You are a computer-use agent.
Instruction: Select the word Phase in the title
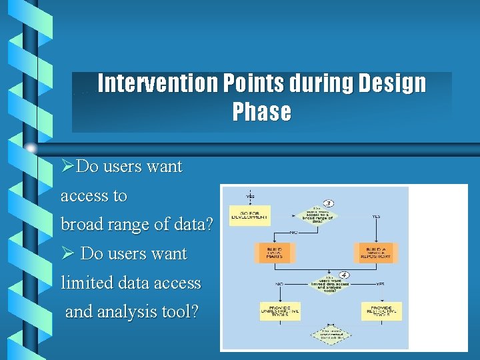click(262, 112)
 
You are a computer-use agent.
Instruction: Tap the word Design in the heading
click(391, 84)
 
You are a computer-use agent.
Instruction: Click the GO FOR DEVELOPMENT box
click(249, 215)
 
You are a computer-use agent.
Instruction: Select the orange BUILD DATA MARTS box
click(273, 252)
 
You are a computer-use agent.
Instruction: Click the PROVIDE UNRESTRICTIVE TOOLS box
click(279, 311)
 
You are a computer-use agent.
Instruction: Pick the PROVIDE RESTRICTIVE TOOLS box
click(382, 311)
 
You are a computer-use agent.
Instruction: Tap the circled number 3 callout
click(328, 203)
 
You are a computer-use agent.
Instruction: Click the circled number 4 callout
click(345, 275)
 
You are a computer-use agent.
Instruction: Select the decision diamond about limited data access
click(329, 284)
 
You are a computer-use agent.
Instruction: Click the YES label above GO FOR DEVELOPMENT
click(250, 197)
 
